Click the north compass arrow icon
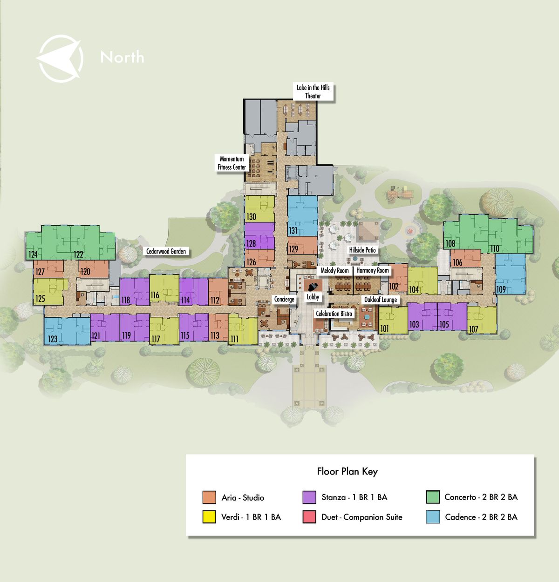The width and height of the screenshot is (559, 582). pos(60,58)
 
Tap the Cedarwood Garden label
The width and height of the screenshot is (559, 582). pos(166,251)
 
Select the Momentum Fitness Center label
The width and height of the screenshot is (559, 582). pos(232,163)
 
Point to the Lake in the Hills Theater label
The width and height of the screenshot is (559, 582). pos(313,92)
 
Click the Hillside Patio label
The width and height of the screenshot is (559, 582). pos(362,250)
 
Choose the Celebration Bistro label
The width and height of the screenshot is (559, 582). pos(334,314)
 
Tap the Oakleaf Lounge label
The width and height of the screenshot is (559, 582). pos(380,300)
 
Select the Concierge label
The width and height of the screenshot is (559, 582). pos(284,299)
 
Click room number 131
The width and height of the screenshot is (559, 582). pos(293,231)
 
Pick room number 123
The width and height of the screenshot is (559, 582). pos(52,339)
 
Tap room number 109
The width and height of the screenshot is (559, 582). pos(501,289)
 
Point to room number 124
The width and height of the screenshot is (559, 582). pos(33,254)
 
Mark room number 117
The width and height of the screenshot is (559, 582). pos(156,339)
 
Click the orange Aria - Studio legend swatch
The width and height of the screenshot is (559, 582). pos(209,497)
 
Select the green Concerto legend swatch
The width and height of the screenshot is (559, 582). pos(433,497)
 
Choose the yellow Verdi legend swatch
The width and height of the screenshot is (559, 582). pos(209,517)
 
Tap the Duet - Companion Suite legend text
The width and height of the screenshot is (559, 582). pos(361,517)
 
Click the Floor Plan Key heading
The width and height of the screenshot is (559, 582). pos(348,472)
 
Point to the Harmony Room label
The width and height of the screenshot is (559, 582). pos(373,270)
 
